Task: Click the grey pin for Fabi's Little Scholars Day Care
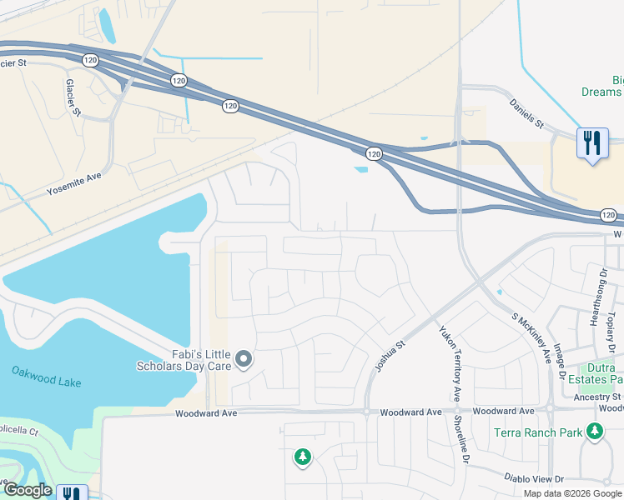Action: tap(244, 360)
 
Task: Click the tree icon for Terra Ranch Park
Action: tap(594, 432)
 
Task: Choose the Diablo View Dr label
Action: tap(535, 478)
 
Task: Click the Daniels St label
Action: tap(527, 113)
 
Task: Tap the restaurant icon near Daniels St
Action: tap(592, 143)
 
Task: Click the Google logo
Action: tap(27, 491)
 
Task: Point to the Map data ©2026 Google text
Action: tap(572, 493)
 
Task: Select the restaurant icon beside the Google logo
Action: tap(73, 492)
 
